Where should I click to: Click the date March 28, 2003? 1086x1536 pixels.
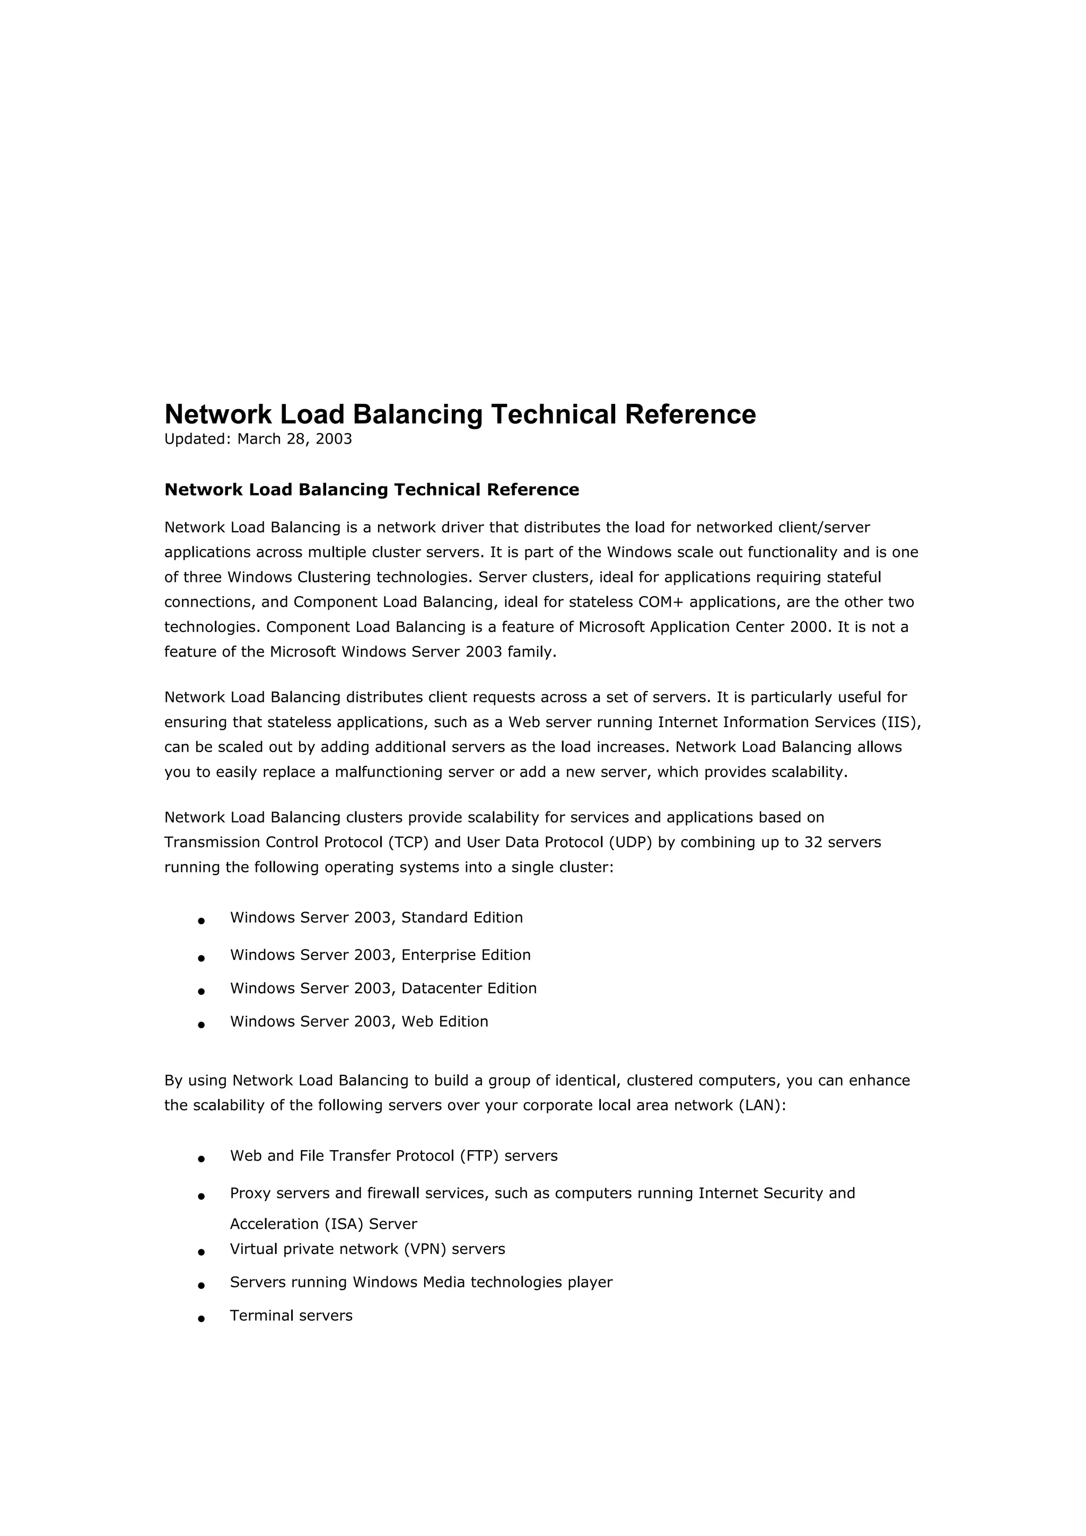(x=294, y=439)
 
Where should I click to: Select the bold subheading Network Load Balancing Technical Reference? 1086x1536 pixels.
(x=371, y=490)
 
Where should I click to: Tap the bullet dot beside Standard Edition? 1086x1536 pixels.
(x=201, y=921)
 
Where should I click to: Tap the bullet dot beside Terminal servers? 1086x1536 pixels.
(x=201, y=1319)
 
